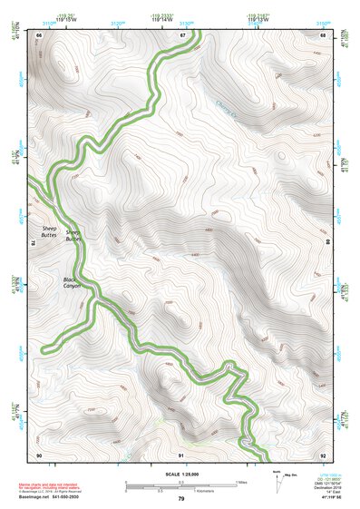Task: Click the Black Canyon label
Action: tap(72, 282)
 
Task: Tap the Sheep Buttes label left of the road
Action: tap(49, 231)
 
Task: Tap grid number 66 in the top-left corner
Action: tap(39, 34)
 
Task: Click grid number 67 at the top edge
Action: tap(181, 34)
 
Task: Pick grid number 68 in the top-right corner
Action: tap(324, 34)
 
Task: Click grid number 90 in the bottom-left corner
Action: tap(39, 454)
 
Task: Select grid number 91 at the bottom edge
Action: tap(181, 454)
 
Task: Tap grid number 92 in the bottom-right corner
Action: tap(324, 454)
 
